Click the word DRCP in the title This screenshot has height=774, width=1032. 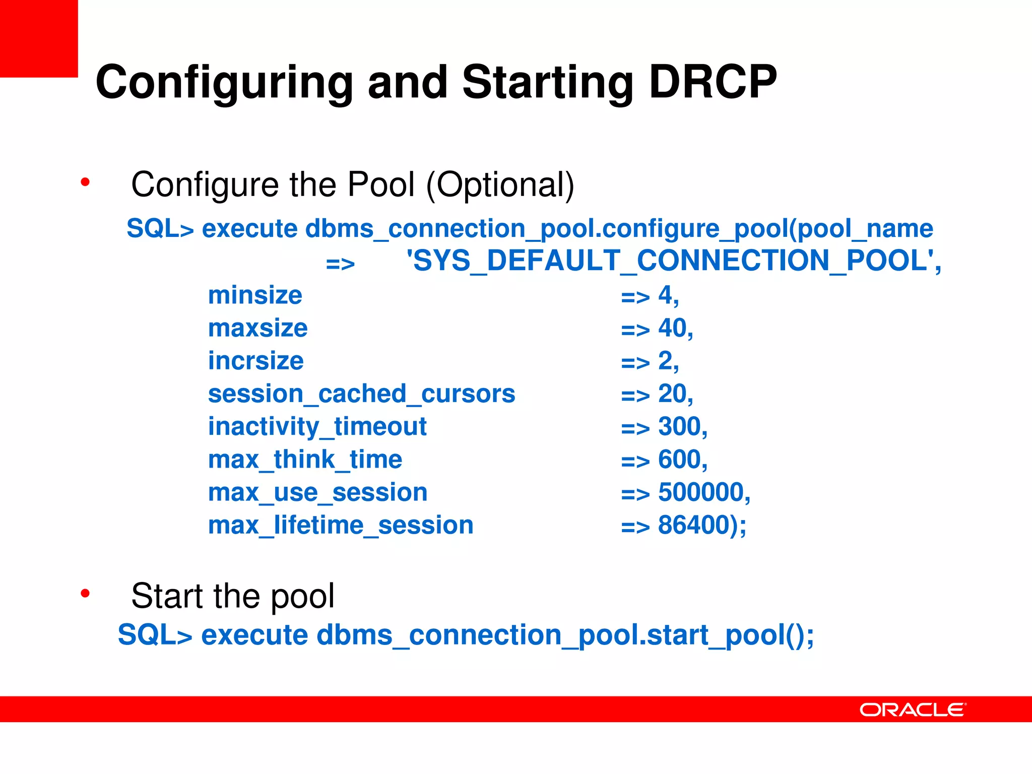coord(713,82)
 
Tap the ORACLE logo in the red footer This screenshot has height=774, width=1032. coord(913,709)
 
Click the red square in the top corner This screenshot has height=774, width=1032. coord(38,38)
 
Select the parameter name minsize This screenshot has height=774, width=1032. coord(255,295)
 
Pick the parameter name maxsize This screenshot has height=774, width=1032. coord(257,329)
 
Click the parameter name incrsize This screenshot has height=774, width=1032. coord(255,361)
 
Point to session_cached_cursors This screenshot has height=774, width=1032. coord(361,394)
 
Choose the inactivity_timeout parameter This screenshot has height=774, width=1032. coord(317,427)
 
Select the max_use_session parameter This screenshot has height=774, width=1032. coord(317,493)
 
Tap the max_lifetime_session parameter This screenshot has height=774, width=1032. coord(341,526)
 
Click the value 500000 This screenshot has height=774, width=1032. coord(700,492)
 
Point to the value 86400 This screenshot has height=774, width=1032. coord(693,525)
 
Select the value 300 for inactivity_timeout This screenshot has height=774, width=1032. coord(679,427)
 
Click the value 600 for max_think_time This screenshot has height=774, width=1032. coord(679,460)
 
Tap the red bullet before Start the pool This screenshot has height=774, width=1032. coord(85,594)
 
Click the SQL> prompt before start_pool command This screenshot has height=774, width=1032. coord(155,635)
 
